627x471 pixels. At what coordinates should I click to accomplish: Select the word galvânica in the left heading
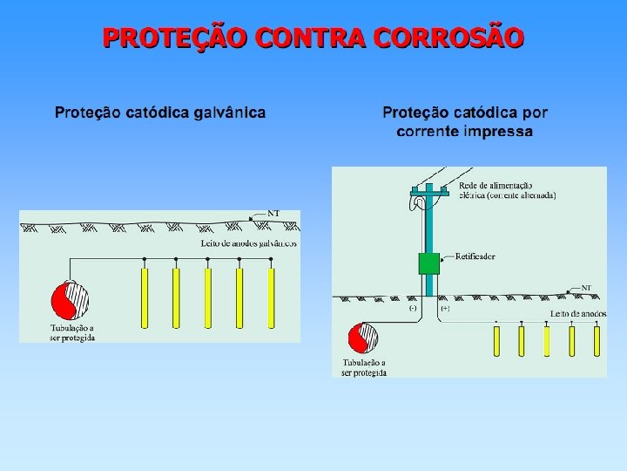[225, 113]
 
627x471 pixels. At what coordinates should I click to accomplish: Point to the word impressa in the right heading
[499, 132]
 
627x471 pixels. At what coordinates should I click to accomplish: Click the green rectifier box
[428, 263]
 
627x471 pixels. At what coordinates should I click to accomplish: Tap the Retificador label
[475, 257]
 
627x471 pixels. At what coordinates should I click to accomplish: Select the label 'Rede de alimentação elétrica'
[508, 191]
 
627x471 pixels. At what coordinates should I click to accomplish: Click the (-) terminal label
[413, 308]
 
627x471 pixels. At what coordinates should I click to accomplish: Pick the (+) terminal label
[445, 308]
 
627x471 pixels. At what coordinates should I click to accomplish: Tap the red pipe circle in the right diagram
[362, 338]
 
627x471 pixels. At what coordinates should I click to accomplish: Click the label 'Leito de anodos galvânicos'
[248, 242]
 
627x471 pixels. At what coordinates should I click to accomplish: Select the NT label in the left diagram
[273, 213]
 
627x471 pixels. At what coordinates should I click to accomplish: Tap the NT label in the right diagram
[586, 287]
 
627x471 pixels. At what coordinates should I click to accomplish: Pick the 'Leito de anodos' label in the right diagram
[577, 313]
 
